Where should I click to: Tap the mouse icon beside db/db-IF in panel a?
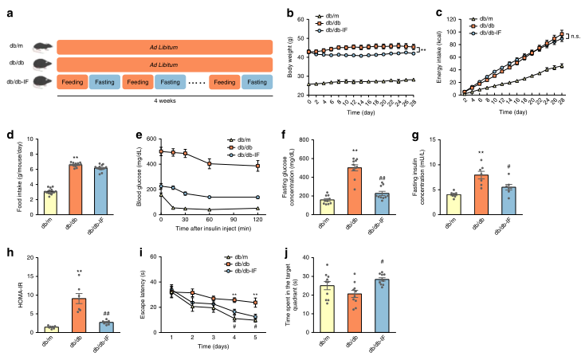point(45,81)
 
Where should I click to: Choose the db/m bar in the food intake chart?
point(26,204)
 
